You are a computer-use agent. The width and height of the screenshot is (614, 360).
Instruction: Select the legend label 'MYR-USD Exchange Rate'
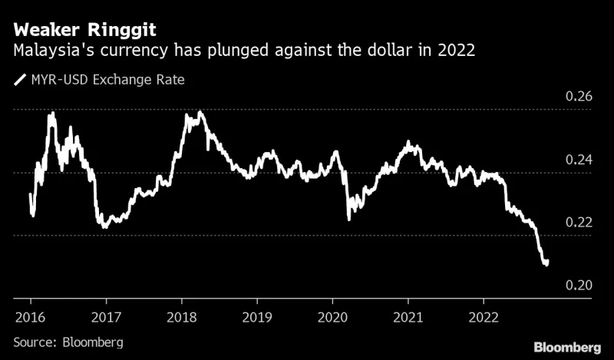106,79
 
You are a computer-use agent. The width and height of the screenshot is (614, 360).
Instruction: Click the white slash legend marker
18,79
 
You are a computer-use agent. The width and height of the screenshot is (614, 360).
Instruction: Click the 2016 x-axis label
30,317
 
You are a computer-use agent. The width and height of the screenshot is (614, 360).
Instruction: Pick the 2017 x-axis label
106,317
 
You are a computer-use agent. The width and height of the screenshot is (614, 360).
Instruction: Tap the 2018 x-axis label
182,317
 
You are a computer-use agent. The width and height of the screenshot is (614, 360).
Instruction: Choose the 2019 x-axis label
257,317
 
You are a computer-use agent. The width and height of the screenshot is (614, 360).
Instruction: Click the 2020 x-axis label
333,317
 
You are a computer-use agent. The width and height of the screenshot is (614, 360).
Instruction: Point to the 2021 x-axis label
409,317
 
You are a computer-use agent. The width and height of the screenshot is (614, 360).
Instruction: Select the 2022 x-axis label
484,317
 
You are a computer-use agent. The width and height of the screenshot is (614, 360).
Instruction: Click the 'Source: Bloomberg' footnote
68,341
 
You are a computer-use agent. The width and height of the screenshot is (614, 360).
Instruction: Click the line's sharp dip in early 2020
349,219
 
